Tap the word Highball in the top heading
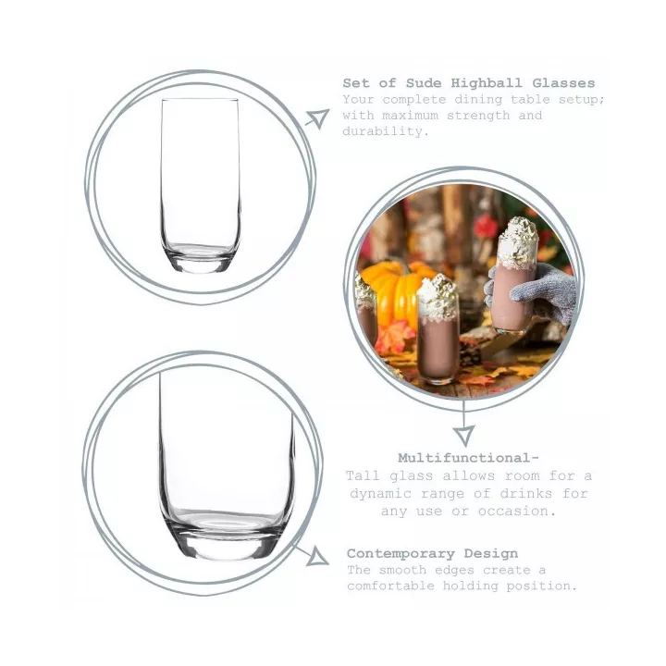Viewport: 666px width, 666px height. coord(487,83)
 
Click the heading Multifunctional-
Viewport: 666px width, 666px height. coord(468,458)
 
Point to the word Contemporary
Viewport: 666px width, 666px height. coord(401,554)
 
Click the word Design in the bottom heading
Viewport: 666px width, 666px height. coord(491,554)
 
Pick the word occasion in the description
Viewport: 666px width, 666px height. coord(517,511)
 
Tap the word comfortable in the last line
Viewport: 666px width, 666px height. coord(390,586)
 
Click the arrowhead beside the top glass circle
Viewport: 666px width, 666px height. coord(320,117)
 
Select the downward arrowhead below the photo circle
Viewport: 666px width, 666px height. coord(463,436)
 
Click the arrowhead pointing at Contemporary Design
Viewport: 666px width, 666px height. coord(318,557)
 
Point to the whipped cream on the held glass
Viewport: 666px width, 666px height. coord(518,243)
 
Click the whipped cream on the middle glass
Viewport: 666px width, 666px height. coord(438,297)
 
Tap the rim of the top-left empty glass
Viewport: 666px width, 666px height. coord(200,100)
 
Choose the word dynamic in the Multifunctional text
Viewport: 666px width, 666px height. coord(380,494)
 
